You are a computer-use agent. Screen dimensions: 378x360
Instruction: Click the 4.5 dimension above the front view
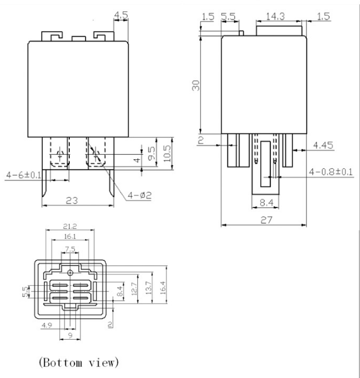tap(121, 15)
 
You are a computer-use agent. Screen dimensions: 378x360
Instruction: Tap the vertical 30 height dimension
tap(197, 85)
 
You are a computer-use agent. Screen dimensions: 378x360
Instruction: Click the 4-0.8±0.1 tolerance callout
tap(330, 172)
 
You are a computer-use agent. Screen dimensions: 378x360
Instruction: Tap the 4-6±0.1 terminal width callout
tap(24, 175)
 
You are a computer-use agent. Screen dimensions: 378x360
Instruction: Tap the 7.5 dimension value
tap(70, 249)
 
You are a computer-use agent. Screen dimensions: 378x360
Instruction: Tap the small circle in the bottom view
tap(70, 272)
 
